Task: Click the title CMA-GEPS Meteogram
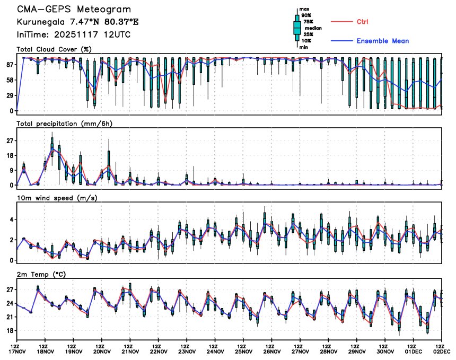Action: [74, 10]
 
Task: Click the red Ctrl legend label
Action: [363, 22]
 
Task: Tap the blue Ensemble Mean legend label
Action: [382, 41]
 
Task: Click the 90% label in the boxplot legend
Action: [306, 15]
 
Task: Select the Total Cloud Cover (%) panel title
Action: [55, 49]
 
